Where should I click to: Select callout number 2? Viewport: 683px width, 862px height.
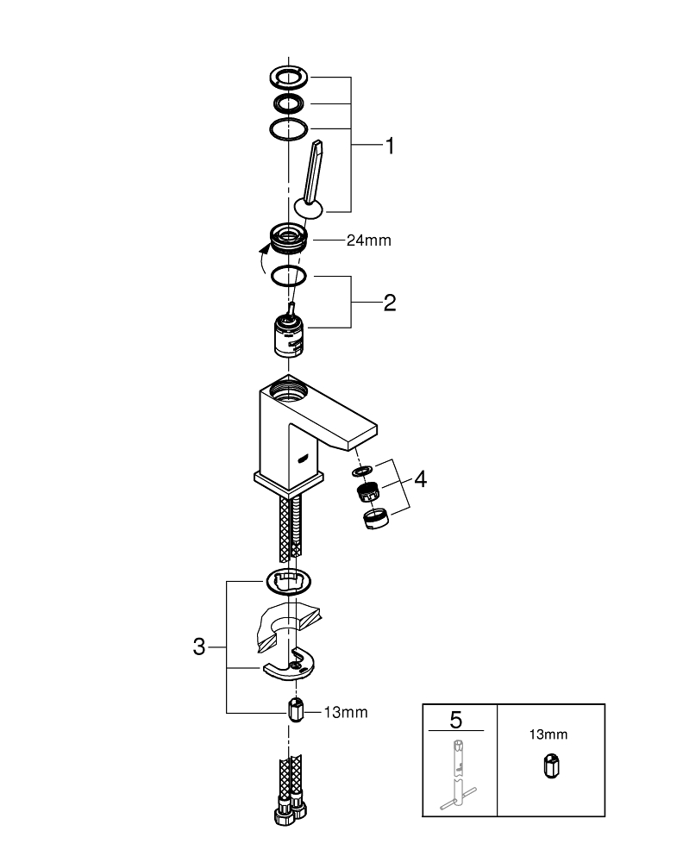coord(390,303)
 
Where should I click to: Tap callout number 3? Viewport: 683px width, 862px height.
coord(199,646)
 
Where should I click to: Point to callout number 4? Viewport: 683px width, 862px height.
coord(419,478)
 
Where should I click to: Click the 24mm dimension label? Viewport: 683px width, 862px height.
coord(368,240)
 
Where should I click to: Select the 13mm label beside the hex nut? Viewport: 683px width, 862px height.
coord(345,712)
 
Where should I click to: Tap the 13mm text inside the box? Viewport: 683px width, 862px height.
coord(548,734)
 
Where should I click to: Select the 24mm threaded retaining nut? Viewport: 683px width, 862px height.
coord(288,237)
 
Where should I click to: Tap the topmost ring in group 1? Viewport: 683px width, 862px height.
coord(287,76)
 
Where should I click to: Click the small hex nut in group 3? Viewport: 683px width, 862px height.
coord(296,713)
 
